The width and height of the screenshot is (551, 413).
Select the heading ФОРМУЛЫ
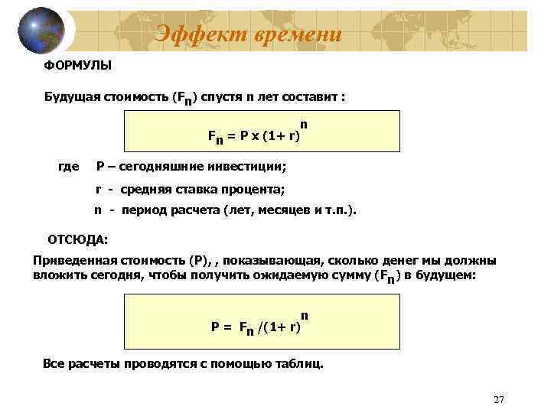(77, 66)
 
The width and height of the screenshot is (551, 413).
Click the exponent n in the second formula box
(305, 315)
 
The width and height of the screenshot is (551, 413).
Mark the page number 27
(500, 400)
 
